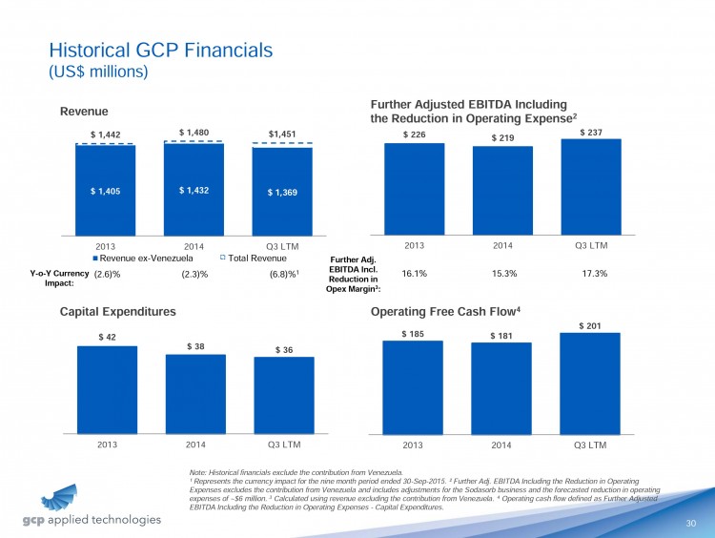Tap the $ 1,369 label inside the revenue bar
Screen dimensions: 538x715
tap(282, 193)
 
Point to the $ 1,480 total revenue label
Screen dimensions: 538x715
tap(194, 133)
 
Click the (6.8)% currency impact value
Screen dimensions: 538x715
tap(284, 274)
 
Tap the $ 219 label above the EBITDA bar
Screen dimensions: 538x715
tap(502, 138)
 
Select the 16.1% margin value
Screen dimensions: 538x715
tap(415, 273)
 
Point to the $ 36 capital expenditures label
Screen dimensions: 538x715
tap(284, 350)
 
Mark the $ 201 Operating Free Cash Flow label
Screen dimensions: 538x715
tap(591, 325)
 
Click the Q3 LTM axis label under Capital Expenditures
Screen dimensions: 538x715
tap(284, 444)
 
